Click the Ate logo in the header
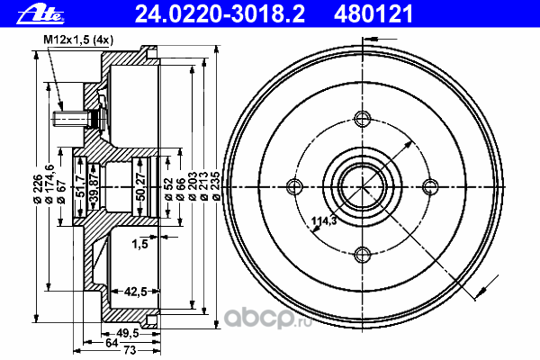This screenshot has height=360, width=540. tap(40, 13)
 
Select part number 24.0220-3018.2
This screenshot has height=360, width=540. tap(220, 13)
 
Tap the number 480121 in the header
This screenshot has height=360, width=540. tap(373, 13)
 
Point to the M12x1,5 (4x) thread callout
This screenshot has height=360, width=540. tap(78, 40)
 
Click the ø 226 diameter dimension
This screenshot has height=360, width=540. tap(38, 188)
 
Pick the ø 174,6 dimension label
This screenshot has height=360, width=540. tap(49, 184)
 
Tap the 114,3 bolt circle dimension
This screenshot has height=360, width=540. tap(324, 220)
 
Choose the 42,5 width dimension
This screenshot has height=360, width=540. tap(136, 292)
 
